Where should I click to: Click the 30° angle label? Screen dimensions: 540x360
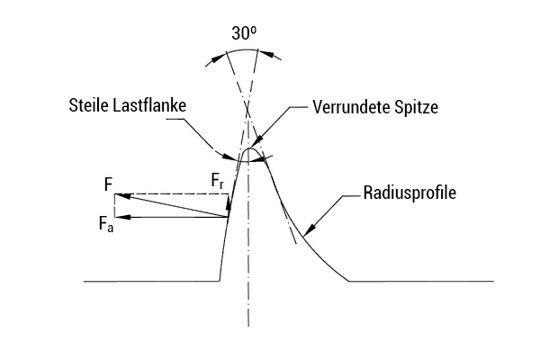(244, 33)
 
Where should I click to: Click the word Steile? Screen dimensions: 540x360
(89, 105)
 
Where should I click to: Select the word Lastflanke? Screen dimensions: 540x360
(149, 105)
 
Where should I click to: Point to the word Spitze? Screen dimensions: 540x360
(417, 108)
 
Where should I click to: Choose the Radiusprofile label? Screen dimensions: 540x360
(409, 193)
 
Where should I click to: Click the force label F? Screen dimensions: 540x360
(109, 184)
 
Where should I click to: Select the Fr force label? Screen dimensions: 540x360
(217, 181)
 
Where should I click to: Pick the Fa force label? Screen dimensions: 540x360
(105, 224)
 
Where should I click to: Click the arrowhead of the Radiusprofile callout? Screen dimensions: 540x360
(309, 229)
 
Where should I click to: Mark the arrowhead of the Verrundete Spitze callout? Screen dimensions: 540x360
(257, 140)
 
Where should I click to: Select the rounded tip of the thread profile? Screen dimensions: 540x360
(249, 148)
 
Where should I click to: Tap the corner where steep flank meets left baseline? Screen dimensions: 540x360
(220, 281)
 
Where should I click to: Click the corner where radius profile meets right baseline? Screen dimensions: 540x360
(349, 281)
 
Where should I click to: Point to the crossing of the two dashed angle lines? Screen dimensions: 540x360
(248, 111)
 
